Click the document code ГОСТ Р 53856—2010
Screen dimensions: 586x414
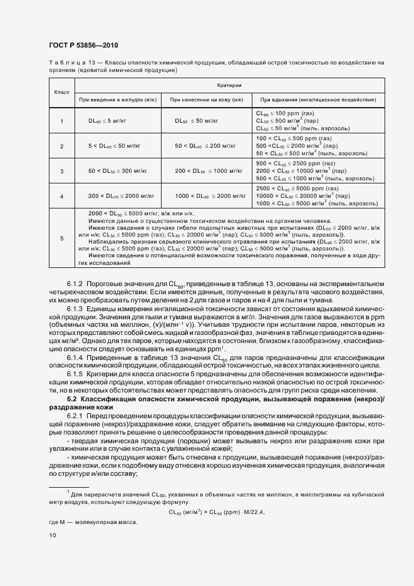point(83,46)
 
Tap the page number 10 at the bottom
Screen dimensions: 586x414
point(53,535)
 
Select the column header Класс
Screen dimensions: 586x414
point(61,92)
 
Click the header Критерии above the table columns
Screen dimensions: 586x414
point(229,85)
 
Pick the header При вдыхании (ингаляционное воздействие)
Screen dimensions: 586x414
point(318,100)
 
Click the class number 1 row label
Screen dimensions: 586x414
point(61,121)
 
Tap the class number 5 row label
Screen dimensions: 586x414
point(61,239)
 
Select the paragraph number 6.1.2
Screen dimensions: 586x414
point(76,285)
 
